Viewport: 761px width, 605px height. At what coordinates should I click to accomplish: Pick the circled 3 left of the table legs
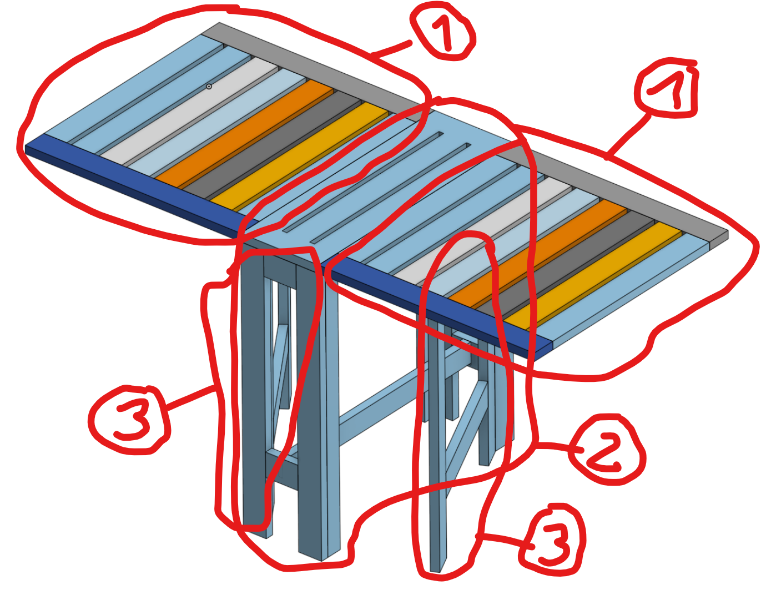pyautogui.click(x=129, y=420)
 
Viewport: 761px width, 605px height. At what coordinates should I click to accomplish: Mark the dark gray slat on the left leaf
pyautogui.click(x=273, y=145)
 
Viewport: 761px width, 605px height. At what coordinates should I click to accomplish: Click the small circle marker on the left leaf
pyautogui.click(x=209, y=86)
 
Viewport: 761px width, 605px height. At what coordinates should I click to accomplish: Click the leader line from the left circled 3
pyautogui.click(x=190, y=399)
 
